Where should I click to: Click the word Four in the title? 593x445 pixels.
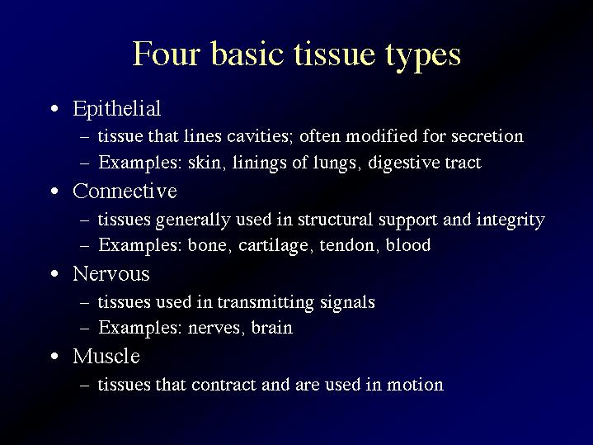[166, 54]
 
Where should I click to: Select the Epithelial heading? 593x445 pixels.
[117, 110]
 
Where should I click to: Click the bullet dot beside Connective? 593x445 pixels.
[54, 192]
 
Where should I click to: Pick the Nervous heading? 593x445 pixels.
[111, 273]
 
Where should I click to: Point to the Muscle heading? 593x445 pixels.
[106, 356]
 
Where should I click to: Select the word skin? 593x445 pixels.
[206, 163]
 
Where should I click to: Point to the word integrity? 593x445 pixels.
[511, 220]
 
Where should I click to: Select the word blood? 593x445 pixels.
[408, 245]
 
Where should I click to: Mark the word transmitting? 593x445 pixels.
[266, 303]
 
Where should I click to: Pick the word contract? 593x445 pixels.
[224, 386]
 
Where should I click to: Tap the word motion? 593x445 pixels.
[415, 385]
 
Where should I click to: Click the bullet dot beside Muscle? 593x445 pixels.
[54, 357]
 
